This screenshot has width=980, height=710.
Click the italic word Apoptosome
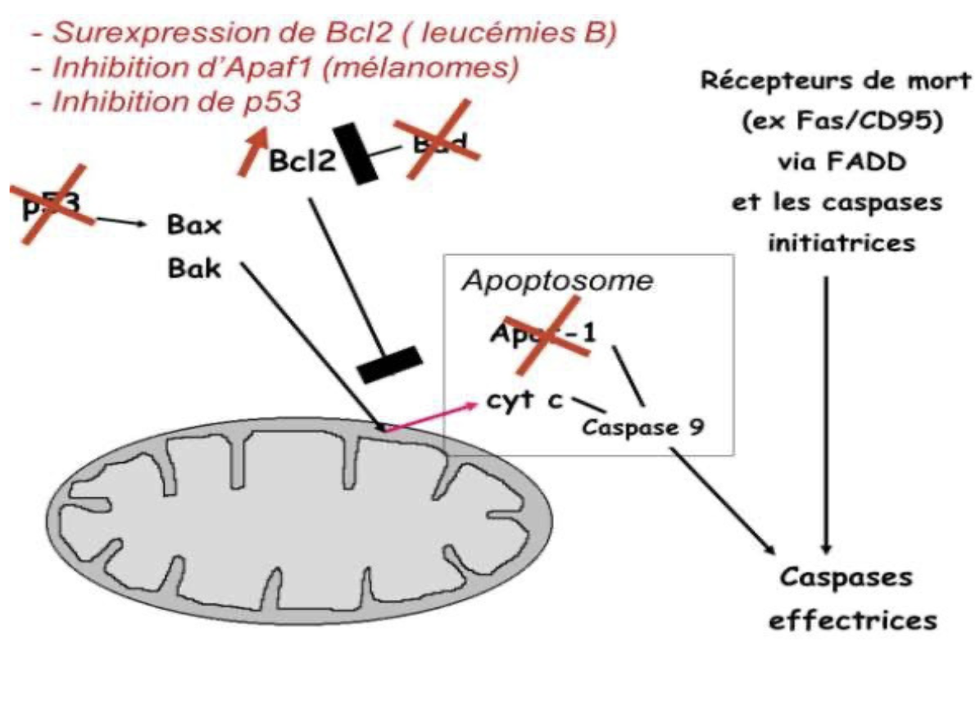(x=557, y=281)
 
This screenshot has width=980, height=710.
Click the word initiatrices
(x=831, y=243)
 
